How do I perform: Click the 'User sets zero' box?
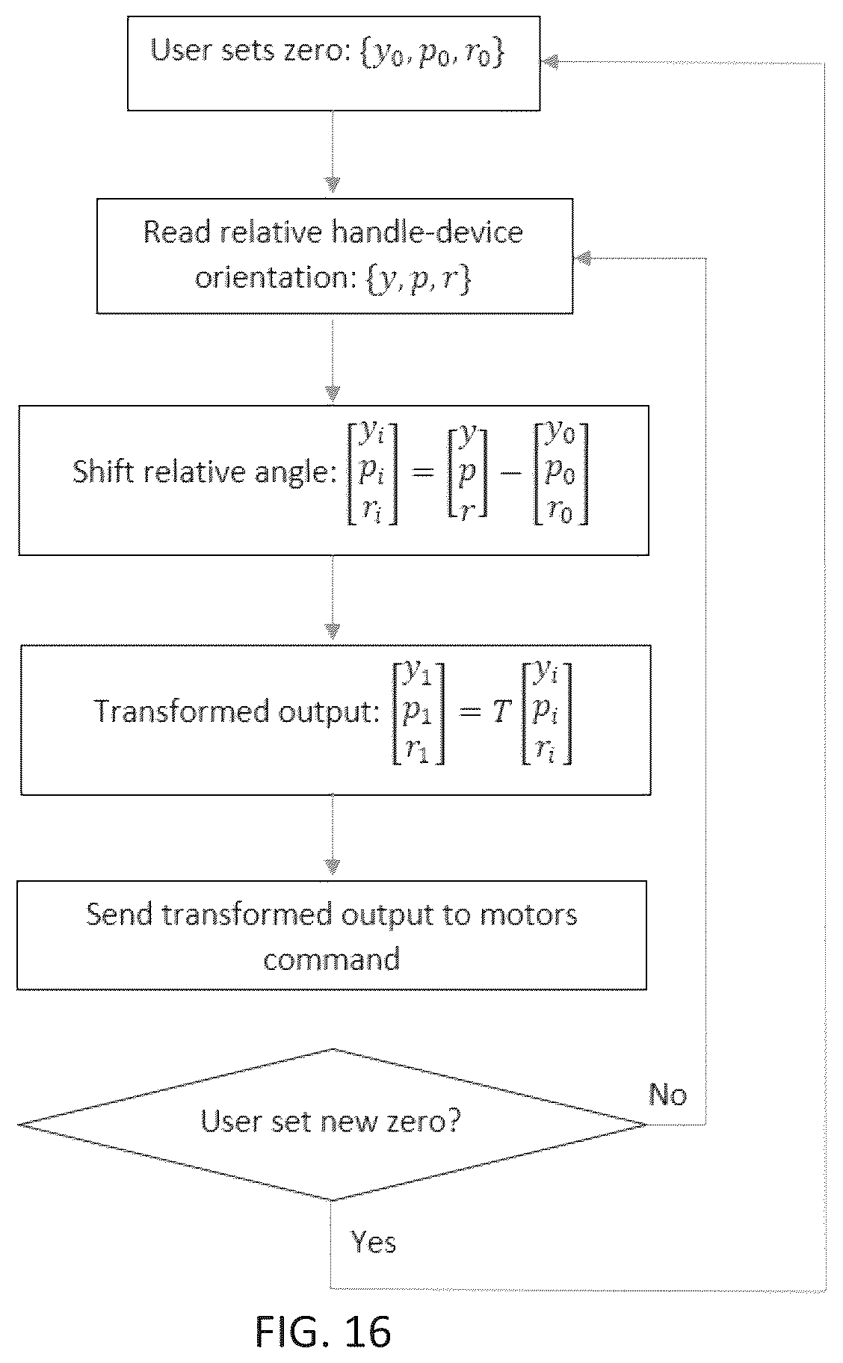(x=333, y=63)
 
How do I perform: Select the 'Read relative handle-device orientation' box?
(x=335, y=256)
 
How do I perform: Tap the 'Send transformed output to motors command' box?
(x=332, y=936)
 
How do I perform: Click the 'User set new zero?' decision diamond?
(x=332, y=1124)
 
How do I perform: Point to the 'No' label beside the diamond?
(x=667, y=1095)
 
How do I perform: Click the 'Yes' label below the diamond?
(x=374, y=1242)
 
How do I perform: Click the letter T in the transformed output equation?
(x=500, y=713)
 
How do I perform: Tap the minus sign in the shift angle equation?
(x=510, y=475)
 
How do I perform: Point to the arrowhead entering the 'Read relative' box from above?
(x=333, y=185)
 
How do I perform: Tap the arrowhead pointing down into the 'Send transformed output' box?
(x=333, y=867)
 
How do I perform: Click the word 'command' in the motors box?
(x=332, y=959)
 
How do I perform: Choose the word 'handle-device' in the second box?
(x=427, y=232)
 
